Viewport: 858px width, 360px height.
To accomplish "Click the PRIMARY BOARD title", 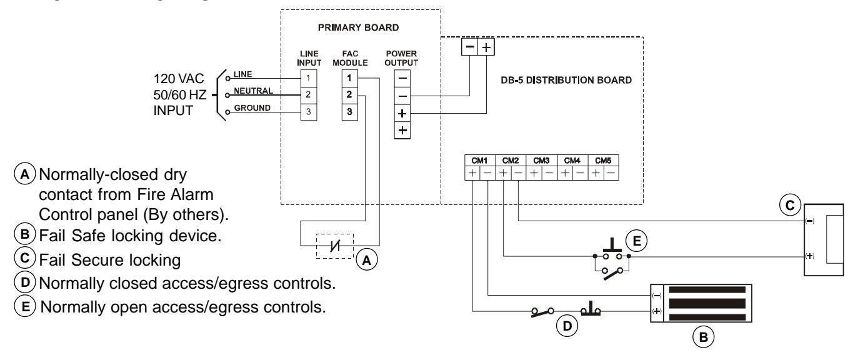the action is pos(358,27).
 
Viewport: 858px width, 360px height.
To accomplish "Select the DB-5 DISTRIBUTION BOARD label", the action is pos(566,80).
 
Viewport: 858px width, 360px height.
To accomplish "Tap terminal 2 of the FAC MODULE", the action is pos(349,95).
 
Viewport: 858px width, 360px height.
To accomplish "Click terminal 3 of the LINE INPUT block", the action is pos(308,112).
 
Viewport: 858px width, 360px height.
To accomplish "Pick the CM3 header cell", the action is pos(541,161).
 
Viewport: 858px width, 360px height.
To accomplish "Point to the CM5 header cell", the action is pos(603,161).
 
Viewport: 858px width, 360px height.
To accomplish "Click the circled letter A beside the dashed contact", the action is pos(367,260).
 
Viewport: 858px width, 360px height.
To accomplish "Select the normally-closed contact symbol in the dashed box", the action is pos(335,246).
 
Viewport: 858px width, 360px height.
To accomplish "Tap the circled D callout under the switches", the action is pos(567,326).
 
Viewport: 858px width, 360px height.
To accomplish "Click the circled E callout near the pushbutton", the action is pos(636,241).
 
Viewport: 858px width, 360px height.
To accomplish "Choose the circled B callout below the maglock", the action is pos(703,337).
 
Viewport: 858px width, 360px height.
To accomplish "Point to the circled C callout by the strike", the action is pos(791,206).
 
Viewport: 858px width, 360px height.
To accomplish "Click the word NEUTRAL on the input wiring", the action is pos(253,91).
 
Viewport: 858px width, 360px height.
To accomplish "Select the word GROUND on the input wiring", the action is pos(252,108).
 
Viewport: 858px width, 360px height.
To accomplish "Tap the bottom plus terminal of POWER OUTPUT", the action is pos(402,131).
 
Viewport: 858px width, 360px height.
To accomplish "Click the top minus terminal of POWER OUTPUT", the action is pos(402,79).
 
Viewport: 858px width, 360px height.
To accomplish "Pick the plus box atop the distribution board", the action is pos(486,47).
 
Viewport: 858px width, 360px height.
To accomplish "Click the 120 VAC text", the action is pos(179,79).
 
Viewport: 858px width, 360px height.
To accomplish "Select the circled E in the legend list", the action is pos(25,306).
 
